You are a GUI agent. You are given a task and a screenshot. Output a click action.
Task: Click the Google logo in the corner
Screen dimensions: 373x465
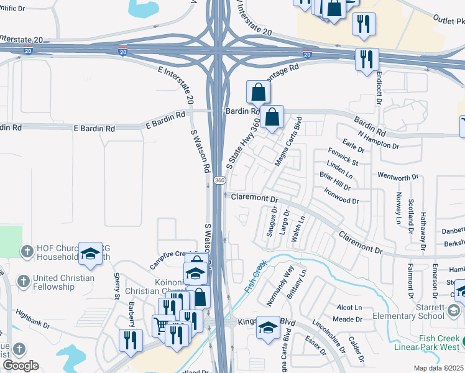[x=21, y=366]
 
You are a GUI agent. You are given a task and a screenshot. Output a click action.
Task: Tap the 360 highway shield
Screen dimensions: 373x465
[x=219, y=180]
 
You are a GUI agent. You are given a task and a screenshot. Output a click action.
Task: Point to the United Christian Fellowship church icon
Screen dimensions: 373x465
[x=24, y=281]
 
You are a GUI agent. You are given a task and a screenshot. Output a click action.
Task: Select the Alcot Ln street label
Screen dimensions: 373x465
[x=349, y=308]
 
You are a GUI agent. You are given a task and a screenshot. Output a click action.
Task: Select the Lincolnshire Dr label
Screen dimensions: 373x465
[x=326, y=336]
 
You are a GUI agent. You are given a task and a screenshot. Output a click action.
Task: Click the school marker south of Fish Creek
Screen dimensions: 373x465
[x=269, y=327]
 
